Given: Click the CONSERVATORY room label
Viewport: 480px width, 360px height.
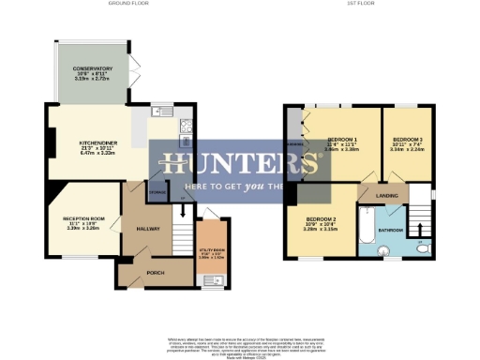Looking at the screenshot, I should point(94,67).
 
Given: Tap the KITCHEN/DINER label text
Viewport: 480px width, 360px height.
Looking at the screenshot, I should point(96,143).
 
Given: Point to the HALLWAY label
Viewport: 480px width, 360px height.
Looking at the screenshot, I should point(148,228).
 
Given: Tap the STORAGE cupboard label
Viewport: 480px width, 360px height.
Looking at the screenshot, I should point(157,196).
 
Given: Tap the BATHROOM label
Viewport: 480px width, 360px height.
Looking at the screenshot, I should point(390,230).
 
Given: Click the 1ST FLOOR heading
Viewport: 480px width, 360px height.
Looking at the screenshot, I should point(361,5).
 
